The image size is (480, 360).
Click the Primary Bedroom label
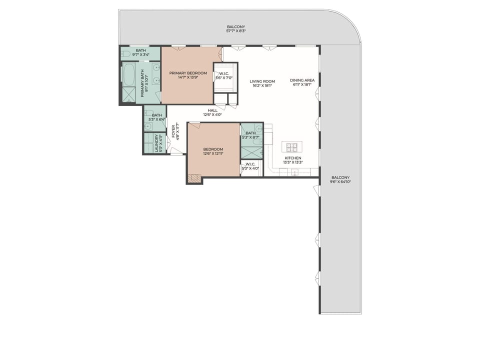(187, 73)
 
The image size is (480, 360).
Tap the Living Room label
(262, 81)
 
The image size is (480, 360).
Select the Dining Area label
(302, 81)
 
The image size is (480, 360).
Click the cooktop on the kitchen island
(292, 147)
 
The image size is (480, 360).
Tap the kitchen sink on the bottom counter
(294, 172)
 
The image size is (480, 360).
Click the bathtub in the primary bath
(129, 75)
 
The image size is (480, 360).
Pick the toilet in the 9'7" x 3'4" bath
(126, 53)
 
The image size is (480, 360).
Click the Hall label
(212, 110)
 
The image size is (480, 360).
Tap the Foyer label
(174, 131)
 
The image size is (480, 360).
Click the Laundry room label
(157, 143)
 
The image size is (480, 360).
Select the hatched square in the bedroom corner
(194, 178)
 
